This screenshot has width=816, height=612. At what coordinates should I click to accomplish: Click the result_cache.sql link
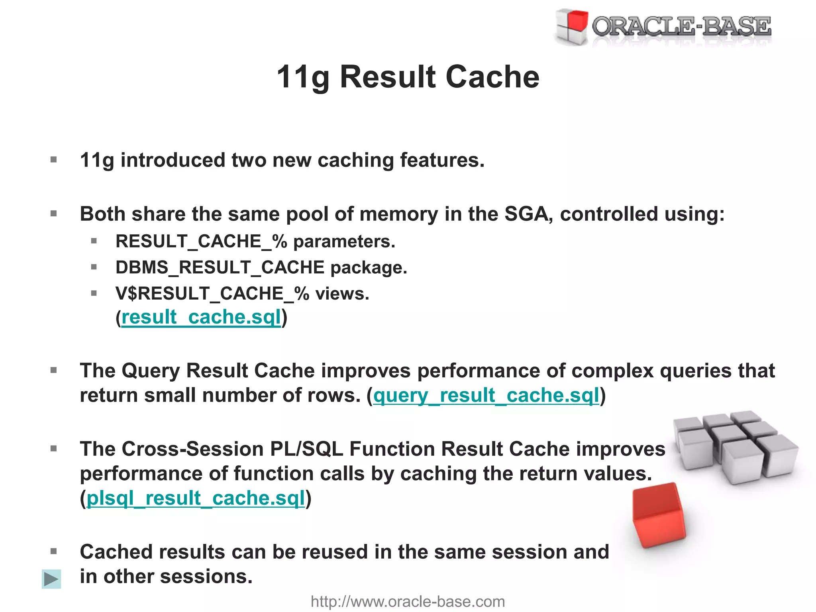pos(201,318)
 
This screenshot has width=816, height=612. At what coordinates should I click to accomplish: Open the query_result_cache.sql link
pos(486,396)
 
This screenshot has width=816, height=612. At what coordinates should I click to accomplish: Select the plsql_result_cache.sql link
pos(196,498)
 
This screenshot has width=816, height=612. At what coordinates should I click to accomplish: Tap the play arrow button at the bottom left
pos(51,579)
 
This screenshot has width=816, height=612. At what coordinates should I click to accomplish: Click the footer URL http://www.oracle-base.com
pos(408,602)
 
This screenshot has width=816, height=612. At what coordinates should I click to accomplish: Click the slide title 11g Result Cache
pos(408,76)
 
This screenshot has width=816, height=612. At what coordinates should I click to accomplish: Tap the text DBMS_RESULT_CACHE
pos(220,267)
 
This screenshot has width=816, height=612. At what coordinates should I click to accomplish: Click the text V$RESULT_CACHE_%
pos(212,294)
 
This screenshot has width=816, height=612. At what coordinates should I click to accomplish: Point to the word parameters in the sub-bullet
pos(344,241)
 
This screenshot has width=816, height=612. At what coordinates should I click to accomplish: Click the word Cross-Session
pos(192,449)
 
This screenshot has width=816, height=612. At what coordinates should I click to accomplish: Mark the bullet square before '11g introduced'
pos(54,160)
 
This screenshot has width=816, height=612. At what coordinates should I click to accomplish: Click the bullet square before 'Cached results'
pos(54,551)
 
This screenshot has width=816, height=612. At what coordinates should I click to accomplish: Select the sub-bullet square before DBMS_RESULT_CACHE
pos(94,267)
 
